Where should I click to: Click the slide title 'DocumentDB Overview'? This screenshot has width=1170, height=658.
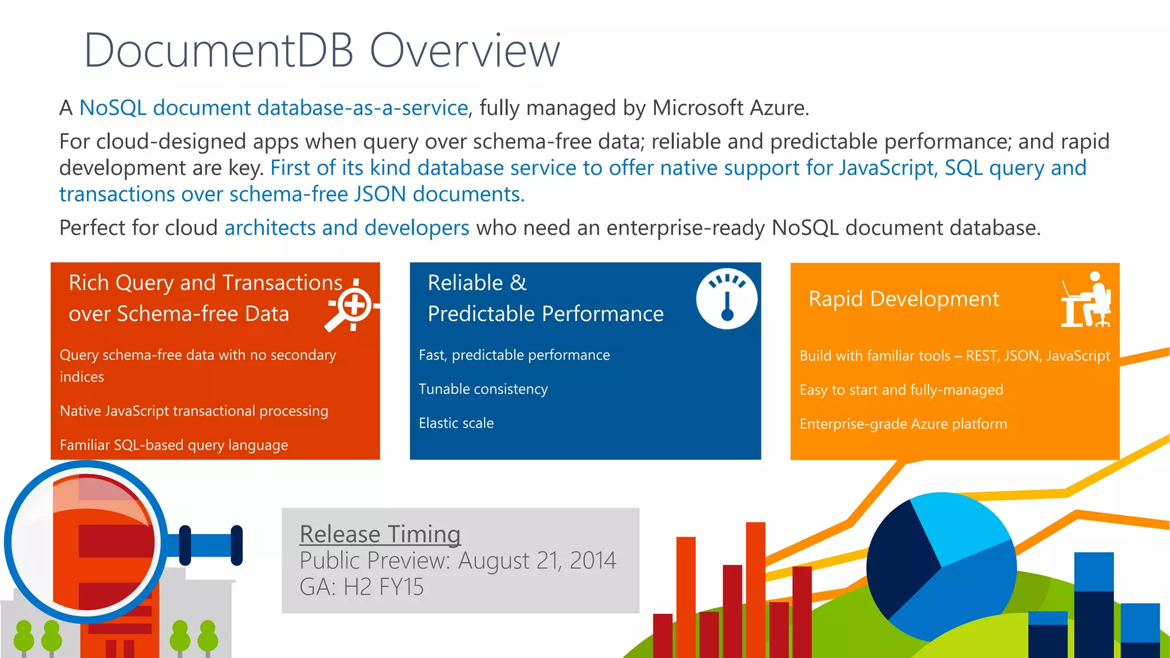click(x=322, y=50)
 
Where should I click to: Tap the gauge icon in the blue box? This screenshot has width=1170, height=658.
click(x=727, y=298)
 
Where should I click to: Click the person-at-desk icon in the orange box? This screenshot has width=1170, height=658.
click(x=1086, y=300)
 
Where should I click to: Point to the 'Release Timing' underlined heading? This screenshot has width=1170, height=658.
click(x=380, y=534)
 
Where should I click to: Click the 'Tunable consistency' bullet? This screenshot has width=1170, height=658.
click(x=483, y=389)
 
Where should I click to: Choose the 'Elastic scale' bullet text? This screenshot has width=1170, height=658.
click(x=456, y=423)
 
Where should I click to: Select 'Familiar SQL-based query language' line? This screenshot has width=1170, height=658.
click(x=174, y=445)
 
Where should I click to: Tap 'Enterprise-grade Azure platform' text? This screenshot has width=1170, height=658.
click(x=903, y=424)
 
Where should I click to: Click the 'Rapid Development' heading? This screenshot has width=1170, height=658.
click(x=904, y=299)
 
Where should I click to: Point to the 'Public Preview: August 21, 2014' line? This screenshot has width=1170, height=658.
click(x=458, y=560)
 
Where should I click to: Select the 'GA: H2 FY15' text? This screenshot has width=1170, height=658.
click(x=362, y=587)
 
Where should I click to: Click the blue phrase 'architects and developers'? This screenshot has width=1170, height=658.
click(x=347, y=228)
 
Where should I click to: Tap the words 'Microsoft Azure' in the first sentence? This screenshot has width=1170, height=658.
click(x=730, y=108)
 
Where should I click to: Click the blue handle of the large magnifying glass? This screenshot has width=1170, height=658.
click(x=210, y=545)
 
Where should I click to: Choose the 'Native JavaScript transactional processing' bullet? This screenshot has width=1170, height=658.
click(x=194, y=411)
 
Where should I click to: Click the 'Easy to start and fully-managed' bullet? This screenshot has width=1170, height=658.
click(x=901, y=390)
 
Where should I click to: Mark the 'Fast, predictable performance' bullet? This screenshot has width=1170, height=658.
click(x=514, y=355)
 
